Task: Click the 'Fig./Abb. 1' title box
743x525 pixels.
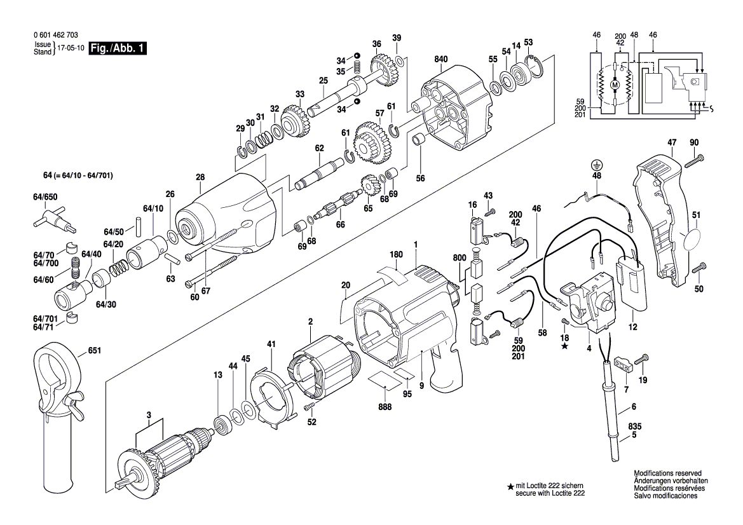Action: [118, 48]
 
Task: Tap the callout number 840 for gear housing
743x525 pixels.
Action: [441, 59]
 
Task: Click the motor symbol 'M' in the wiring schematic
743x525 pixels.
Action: [614, 84]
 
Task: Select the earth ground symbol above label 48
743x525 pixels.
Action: [596, 165]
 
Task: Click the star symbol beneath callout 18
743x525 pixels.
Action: [564, 346]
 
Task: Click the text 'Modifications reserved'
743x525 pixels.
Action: [667, 474]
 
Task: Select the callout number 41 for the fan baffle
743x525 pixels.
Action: [271, 344]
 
